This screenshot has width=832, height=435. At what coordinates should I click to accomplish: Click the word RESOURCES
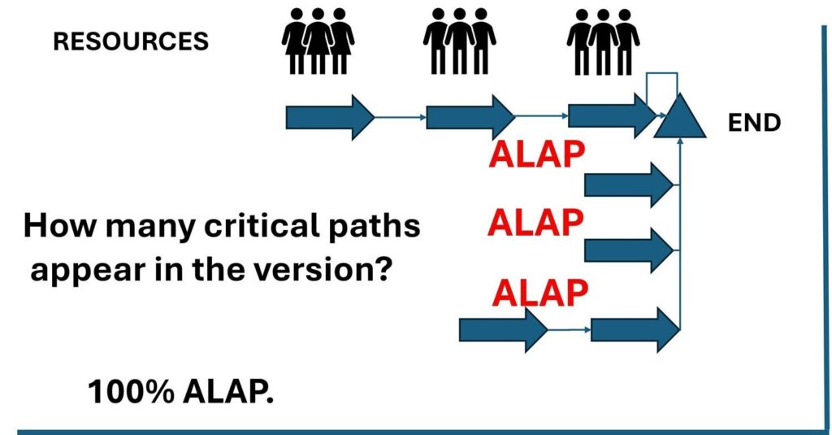131,41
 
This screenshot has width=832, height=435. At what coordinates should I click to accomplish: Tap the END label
755,123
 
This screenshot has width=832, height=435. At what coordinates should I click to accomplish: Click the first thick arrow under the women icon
329,117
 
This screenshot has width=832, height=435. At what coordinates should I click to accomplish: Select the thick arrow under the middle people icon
470,117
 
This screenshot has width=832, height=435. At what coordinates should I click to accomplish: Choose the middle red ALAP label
535,222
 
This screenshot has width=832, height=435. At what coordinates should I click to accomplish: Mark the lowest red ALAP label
540,291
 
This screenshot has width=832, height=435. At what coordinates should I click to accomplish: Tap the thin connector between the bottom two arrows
570,330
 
